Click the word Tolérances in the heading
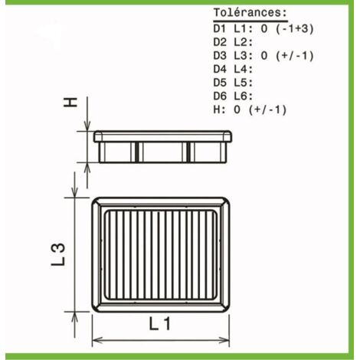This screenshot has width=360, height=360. [247, 12]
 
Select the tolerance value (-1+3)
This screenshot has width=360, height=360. [294, 29]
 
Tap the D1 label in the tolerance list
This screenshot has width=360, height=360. [220, 29]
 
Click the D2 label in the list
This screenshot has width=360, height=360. [220, 42]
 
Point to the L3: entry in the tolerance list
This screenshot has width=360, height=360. [244, 56]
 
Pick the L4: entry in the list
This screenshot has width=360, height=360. [244, 69]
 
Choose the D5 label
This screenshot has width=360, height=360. [220, 83]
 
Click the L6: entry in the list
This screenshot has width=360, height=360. [244, 97]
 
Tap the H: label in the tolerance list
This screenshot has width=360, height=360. [220, 110]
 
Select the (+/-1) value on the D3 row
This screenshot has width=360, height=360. [294, 56]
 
